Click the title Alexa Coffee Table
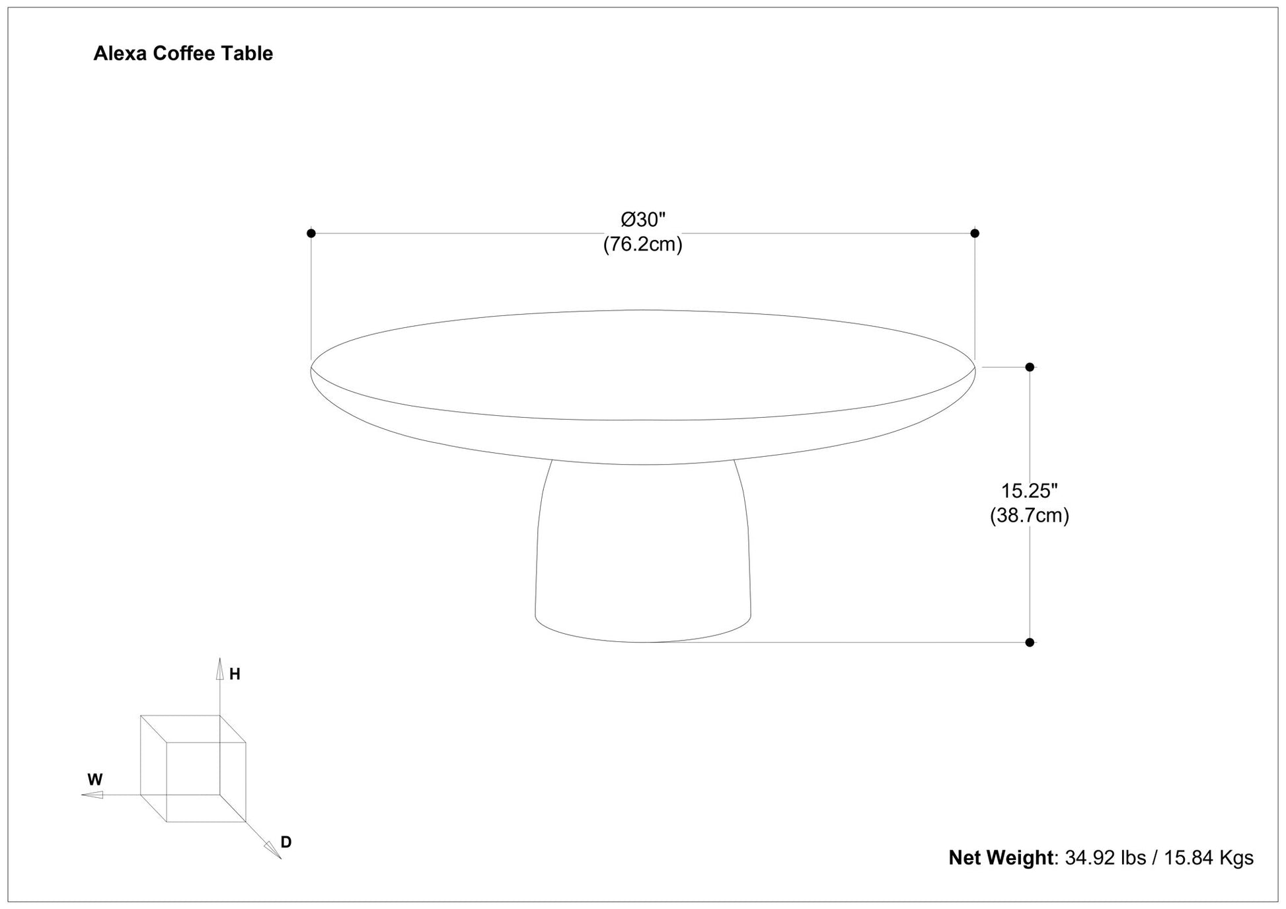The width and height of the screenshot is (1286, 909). point(183,54)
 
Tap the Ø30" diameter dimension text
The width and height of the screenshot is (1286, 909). point(643,219)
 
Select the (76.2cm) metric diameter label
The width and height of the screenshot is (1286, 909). point(642,244)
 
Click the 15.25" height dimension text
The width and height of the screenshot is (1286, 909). point(1030,491)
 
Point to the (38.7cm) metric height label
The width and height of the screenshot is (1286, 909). point(1030,515)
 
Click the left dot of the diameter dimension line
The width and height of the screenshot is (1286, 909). point(311,233)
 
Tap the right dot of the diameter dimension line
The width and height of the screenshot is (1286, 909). point(975,233)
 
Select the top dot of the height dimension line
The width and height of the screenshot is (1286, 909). point(1030,367)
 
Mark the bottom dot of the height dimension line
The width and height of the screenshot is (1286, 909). point(1030,643)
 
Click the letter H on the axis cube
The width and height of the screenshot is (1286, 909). point(235,674)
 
